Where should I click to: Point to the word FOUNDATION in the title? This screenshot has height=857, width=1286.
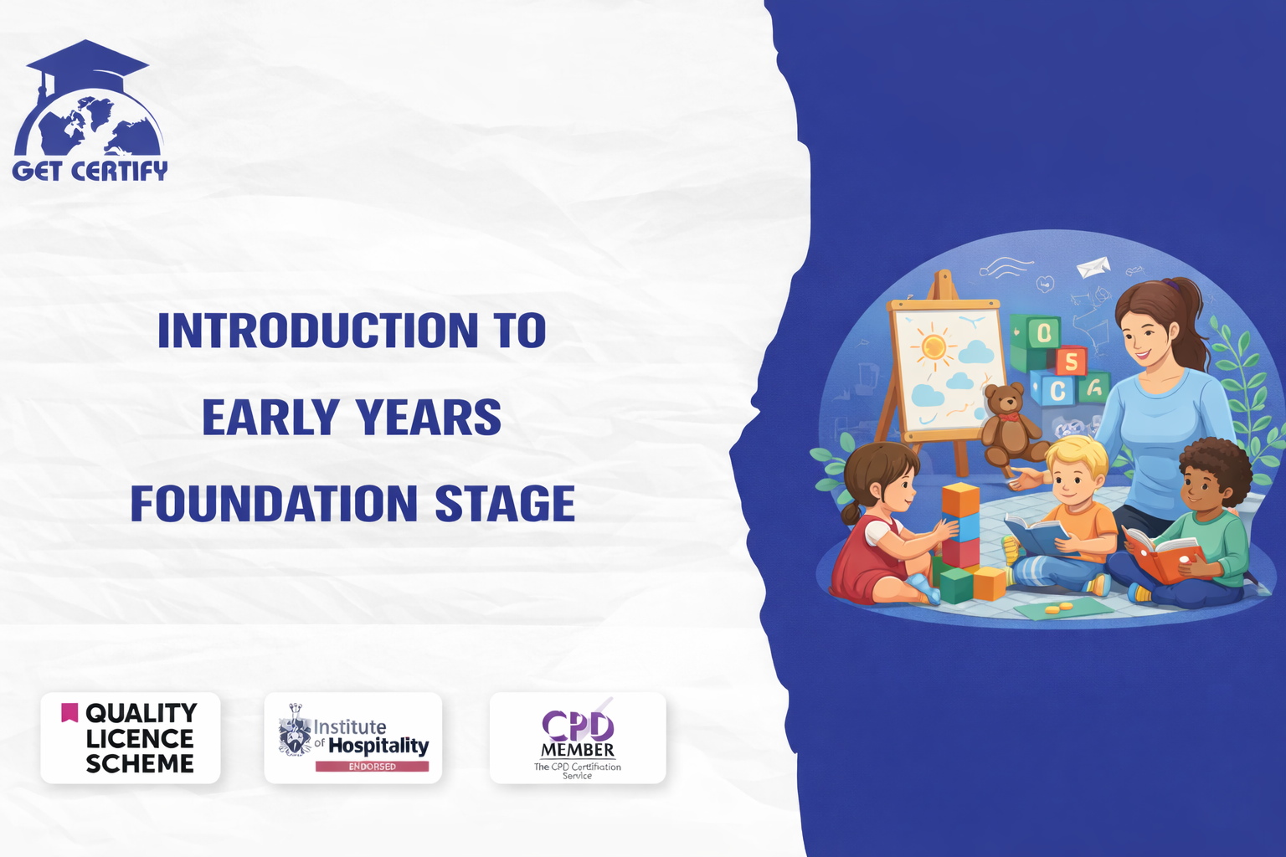coord(274,504)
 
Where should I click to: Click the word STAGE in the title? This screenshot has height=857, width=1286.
coord(505,504)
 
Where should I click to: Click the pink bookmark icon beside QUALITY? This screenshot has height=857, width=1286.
coord(69,712)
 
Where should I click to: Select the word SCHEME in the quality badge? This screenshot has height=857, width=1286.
coord(140,763)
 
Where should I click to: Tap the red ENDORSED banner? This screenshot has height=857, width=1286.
coord(372,767)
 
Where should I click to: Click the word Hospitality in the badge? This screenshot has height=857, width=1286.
coord(378,746)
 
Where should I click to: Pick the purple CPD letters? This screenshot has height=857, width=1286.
coord(578,726)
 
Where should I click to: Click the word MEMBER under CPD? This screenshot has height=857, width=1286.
coord(578,750)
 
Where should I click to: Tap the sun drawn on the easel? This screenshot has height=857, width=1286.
coord(933,346)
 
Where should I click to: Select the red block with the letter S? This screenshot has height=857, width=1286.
coord(1070,361)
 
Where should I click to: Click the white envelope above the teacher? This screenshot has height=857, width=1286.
coord(1093,267)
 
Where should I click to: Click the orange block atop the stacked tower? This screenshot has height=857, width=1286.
coord(960,499)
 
